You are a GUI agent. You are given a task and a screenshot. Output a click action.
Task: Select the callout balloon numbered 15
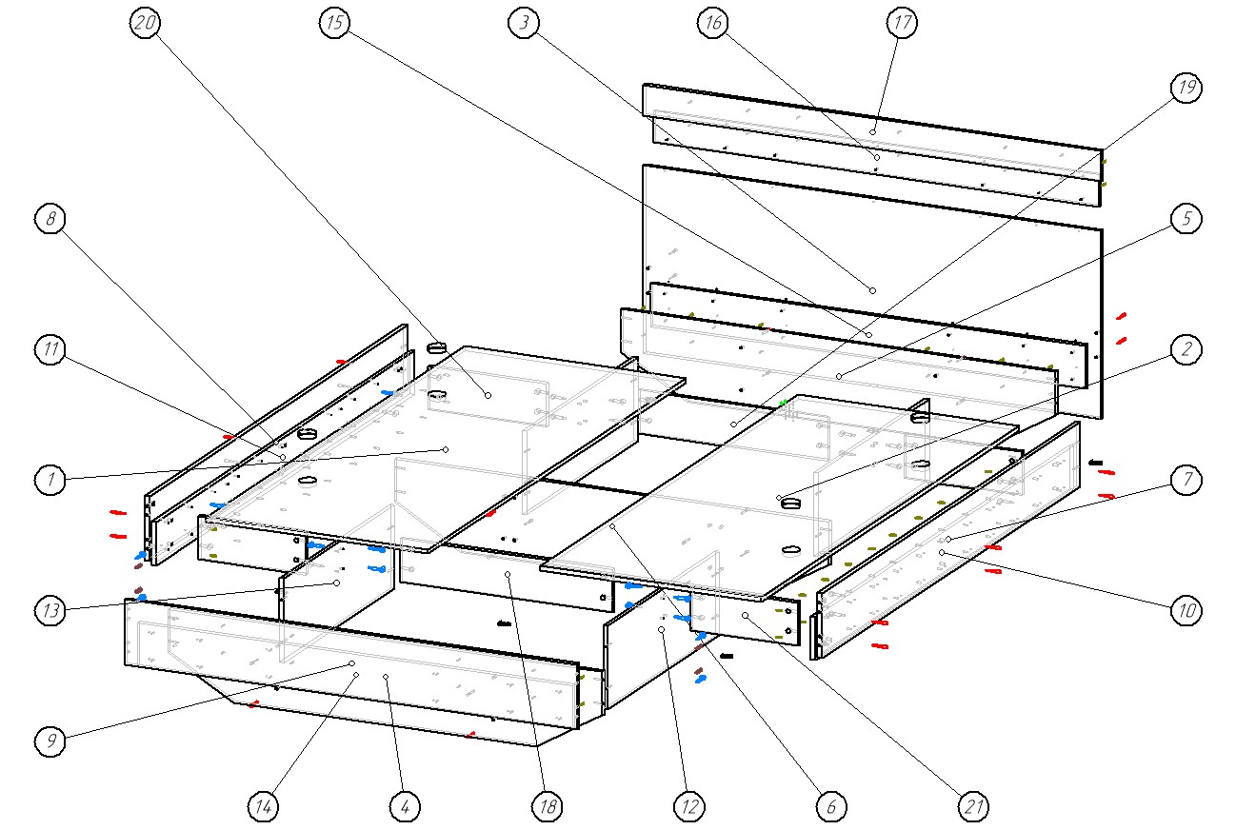[x=333, y=25]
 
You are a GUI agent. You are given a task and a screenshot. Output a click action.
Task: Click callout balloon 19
[x=1186, y=89]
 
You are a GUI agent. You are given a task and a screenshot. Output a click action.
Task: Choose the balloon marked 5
[x=1186, y=219]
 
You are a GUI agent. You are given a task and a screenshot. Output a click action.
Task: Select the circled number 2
[x=1186, y=350]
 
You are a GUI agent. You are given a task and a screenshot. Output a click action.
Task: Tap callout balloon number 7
[x=1186, y=481]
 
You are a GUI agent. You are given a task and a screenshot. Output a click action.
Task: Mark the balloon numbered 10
[x=1186, y=611]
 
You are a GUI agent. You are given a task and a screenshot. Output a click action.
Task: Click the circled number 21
[x=972, y=807]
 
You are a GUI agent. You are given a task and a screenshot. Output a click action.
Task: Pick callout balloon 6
[x=830, y=807]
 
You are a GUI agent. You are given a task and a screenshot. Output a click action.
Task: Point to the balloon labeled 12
[x=688, y=807]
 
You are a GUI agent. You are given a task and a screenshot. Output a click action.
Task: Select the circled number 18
[x=547, y=807]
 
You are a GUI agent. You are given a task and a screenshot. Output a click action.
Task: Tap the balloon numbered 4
[x=405, y=807]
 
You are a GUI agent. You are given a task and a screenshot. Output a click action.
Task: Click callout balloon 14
[x=263, y=807]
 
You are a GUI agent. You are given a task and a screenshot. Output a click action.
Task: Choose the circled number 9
[x=50, y=741]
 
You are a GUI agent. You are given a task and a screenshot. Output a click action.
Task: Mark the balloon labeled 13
[x=50, y=610]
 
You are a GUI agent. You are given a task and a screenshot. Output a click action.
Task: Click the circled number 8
[x=50, y=220]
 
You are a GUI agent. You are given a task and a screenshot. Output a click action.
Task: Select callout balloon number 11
[x=50, y=350]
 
